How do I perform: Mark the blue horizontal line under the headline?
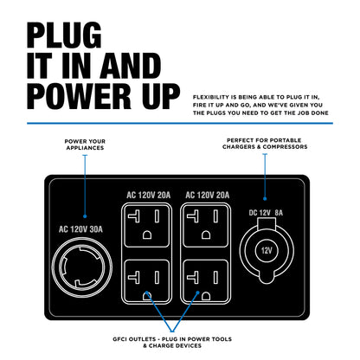[179, 123]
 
